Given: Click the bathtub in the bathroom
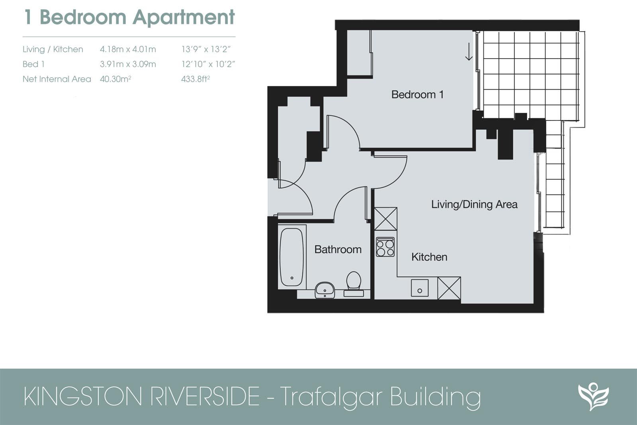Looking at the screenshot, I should click(x=291, y=257).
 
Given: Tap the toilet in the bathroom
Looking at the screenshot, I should click(x=354, y=281).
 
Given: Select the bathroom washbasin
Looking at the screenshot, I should click(x=325, y=290).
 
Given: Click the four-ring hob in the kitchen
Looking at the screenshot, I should click(x=385, y=247).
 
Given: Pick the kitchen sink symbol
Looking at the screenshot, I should click(x=420, y=288).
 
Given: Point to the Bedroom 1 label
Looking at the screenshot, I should click(x=417, y=95).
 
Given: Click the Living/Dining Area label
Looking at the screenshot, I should click(x=474, y=205).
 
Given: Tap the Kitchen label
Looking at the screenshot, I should click(x=429, y=257).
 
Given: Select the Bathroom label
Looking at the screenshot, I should click(x=338, y=250).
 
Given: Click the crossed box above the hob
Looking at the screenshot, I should click(x=385, y=219).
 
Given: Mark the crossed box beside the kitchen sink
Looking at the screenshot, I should click(x=449, y=288).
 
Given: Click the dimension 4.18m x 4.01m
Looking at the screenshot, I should click(x=128, y=49).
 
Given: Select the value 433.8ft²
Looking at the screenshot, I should click(x=195, y=79).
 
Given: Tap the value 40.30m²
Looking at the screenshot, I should click(x=115, y=79).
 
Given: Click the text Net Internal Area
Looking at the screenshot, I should click(x=57, y=79).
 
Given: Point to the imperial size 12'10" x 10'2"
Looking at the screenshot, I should click(x=208, y=64).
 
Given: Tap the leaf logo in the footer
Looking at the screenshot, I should click(x=593, y=396).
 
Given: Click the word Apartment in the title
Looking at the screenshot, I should click(x=184, y=17).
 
